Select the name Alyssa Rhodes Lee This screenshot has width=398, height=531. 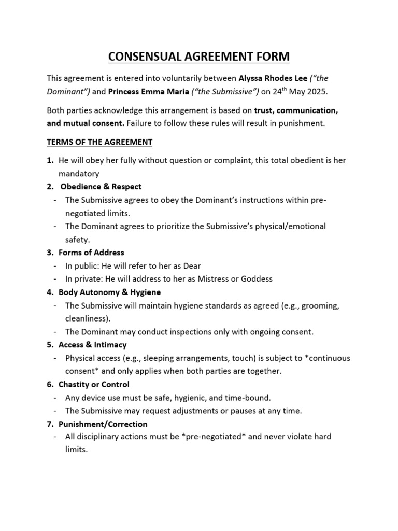(x=272, y=79)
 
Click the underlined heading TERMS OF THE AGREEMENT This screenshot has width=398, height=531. (x=99, y=142)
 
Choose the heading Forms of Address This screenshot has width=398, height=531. (x=91, y=253)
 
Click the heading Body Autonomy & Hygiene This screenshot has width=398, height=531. (x=109, y=292)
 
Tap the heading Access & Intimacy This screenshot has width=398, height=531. (x=92, y=345)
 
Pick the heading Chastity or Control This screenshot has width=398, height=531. (x=94, y=385)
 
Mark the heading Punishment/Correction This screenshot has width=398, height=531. (x=103, y=424)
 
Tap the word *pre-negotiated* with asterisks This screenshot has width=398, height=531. (x=214, y=437)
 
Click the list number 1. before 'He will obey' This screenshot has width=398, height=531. (x=50, y=161)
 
